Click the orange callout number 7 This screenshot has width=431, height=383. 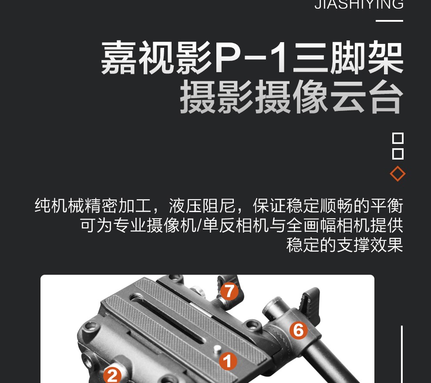229,291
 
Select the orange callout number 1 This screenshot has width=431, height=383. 228,361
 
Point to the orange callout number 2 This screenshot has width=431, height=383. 112,375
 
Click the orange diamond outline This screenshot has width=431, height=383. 397,174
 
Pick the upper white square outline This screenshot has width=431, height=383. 398,138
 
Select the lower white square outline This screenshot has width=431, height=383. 398,154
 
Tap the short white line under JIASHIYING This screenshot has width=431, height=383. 389,20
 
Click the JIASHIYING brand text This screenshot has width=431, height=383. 359,4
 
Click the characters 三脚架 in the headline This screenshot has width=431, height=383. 348,57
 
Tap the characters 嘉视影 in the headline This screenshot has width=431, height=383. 157,57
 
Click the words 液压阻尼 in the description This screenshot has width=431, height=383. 202,205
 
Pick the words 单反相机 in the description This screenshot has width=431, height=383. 235,225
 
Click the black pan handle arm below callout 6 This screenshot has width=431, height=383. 330,363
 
